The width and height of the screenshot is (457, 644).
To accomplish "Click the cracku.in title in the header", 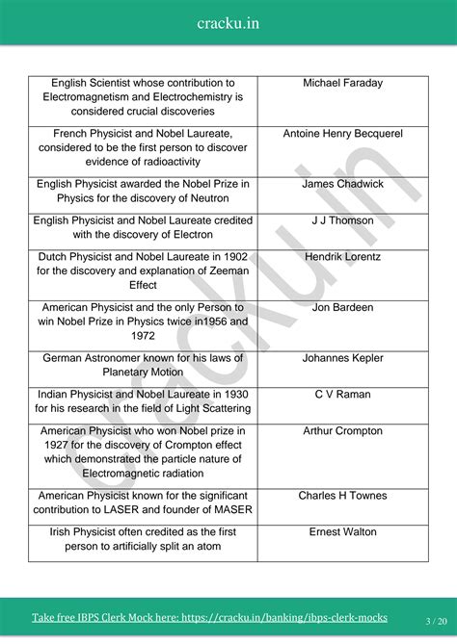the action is [228, 22].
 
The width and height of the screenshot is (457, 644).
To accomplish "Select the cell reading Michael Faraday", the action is [342, 83].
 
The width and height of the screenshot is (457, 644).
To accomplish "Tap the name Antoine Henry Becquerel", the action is [342, 134].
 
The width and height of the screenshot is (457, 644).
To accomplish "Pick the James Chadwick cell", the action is [342, 184].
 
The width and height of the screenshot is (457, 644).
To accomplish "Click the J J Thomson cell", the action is [342, 220].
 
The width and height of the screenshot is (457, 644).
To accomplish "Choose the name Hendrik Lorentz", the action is [342, 257].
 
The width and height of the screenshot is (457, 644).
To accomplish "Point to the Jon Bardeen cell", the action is [342, 308].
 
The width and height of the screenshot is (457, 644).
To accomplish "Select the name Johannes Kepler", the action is [342, 358].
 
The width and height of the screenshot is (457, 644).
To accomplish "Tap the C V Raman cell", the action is [342, 395].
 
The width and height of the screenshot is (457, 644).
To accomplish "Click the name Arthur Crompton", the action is [342, 431].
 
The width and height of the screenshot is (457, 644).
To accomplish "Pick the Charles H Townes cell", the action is [342, 496].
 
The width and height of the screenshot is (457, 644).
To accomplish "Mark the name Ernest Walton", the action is [342, 532].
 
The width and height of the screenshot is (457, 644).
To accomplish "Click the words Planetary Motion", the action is [143, 373].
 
